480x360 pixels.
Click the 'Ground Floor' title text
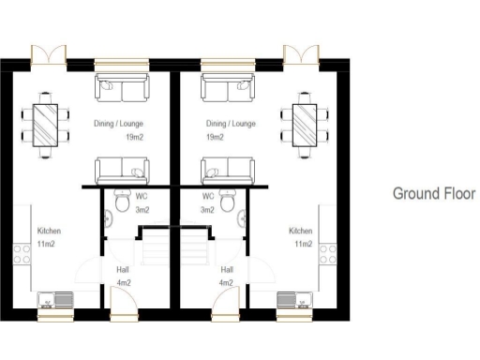click(x=433, y=194)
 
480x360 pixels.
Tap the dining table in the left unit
click(x=45, y=122)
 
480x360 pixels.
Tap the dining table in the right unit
click(x=304, y=122)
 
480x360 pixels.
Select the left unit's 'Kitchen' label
click(x=49, y=231)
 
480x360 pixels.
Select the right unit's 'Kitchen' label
click(x=300, y=231)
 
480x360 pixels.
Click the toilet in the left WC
click(x=121, y=201)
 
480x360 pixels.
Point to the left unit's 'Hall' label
click(x=123, y=269)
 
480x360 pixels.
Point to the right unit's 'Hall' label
click(x=226, y=269)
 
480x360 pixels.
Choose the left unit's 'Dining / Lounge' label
click(x=116, y=124)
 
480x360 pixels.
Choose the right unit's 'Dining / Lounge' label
click(x=231, y=124)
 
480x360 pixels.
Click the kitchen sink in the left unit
click(x=55, y=301)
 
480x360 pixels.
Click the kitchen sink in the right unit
click(x=293, y=301)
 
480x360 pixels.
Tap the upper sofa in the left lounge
click(x=122, y=89)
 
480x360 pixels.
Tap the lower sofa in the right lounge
click(x=228, y=172)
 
